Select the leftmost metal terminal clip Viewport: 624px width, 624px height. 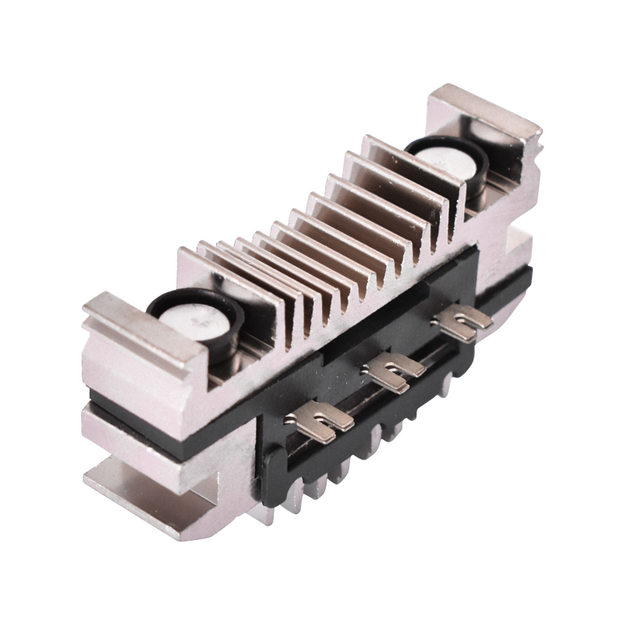click(x=320, y=422)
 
